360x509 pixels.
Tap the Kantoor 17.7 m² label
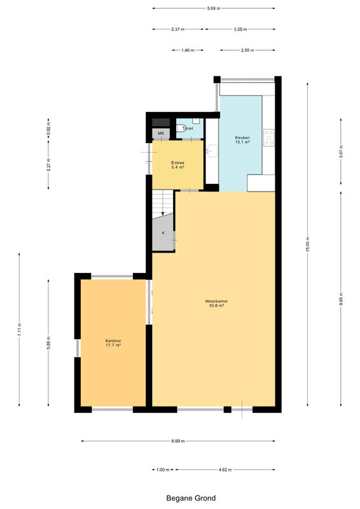pos(113,343)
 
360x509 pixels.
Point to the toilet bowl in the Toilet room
pos(179,129)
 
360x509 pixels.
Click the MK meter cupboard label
pos(161,134)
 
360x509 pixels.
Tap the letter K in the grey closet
pos(163,233)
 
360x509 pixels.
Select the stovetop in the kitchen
pos(269,137)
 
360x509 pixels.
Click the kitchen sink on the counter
pos(212,151)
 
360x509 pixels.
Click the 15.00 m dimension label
pos(308,244)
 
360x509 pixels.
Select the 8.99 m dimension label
pos(178,441)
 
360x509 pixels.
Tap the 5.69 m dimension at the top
pos(214,8)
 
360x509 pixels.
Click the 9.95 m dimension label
pos(341,299)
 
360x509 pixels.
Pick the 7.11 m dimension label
pos(19,330)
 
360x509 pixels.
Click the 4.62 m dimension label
pos(225,470)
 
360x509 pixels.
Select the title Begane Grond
pos(191,498)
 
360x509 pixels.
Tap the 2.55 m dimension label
pos(247,50)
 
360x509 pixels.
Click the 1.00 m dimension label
pos(163,470)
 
